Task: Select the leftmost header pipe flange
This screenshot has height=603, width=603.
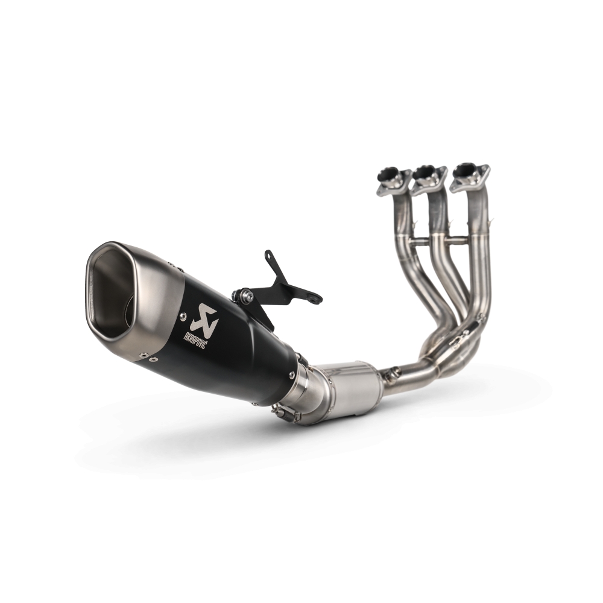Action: pyautogui.click(x=393, y=180)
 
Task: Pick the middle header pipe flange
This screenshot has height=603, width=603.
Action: pyautogui.click(x=429, y=177)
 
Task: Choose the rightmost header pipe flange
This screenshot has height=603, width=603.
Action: pyautogui.click(x=469, y=174)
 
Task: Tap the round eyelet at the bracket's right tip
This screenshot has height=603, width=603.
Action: pyautogui.click(x=314, y=298)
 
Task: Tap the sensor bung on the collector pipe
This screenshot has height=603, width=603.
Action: pyautogui.click(x=393, y=373)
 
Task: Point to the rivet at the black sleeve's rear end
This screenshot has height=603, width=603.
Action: pyautogui.click(x=292, y=374)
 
